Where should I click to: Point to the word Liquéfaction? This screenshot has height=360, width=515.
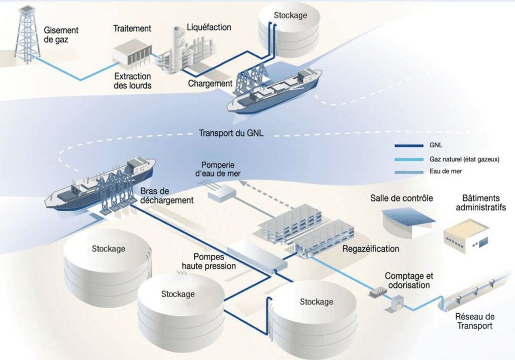(x=209, y=27)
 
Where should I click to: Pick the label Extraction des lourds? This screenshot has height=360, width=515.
(x=133, y=80)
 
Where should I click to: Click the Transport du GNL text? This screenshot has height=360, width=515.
(x=231, y=133)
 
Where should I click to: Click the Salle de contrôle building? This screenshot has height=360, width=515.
(x=408, y=222)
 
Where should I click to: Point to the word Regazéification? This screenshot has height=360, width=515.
(x=371, y=248)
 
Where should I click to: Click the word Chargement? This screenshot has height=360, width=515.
(x=210, y=83)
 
